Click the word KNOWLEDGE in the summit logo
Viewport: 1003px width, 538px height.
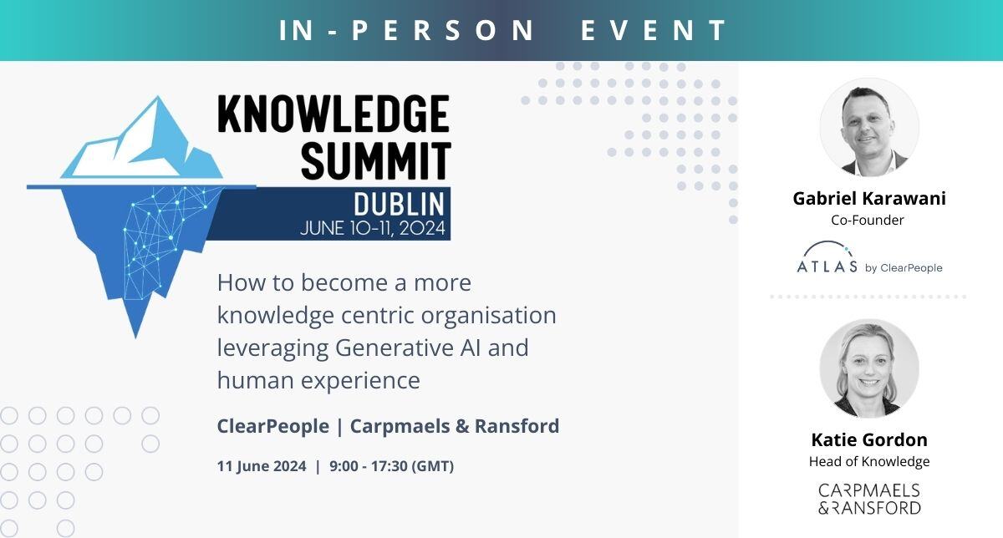point(333,114)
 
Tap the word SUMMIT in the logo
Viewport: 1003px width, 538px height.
point(375,160)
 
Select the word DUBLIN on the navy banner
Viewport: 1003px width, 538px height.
point(400,205)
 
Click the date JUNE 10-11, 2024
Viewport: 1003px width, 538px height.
point(373,228)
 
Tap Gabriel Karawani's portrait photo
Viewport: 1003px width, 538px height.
point(869,127)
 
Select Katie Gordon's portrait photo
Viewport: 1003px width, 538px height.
point(869,368)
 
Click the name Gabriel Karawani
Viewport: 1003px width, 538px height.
point(869,198)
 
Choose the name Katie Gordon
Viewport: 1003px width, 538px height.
point(869,439)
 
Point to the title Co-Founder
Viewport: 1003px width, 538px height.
point(868,221)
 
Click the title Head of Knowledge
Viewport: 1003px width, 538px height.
point(869,461)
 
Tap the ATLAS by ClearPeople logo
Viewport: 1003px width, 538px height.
point(869,258)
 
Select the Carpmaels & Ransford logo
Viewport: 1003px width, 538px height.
point(869,499)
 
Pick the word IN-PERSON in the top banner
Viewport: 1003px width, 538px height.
point(406,30)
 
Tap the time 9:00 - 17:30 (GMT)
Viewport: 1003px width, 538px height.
point(392,466)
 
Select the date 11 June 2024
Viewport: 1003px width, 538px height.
point(262,466)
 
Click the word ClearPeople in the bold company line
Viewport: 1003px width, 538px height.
point(273,426)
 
